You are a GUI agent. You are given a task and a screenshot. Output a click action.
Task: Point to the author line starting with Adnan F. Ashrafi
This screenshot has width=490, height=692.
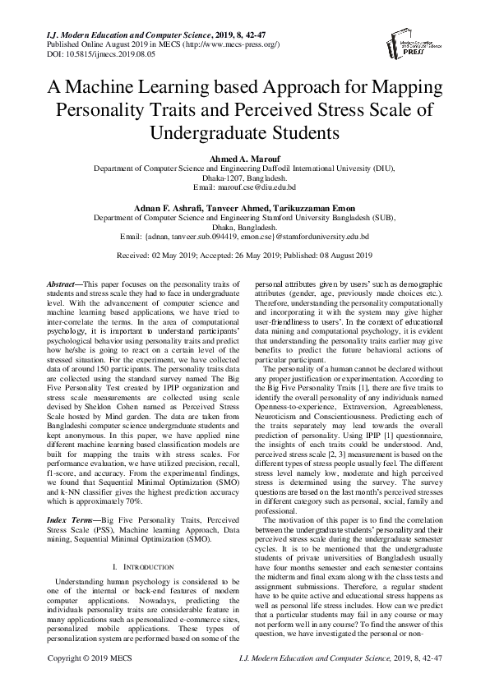tap(244, 208)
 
